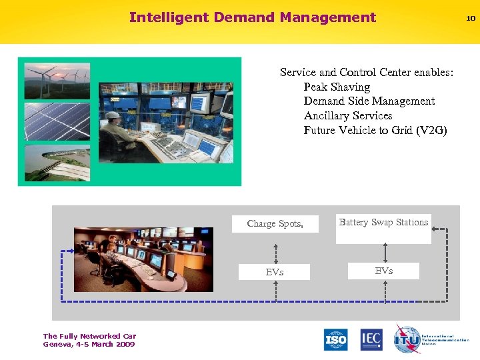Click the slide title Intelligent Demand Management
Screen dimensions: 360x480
253,18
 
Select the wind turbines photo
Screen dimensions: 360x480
57,81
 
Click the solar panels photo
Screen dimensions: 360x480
57,121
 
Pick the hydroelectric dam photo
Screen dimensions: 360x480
57,163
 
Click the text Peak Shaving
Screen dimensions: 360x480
337,87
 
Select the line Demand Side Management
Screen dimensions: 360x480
369,101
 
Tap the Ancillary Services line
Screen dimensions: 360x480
347,116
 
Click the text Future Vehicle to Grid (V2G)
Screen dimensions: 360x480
375,131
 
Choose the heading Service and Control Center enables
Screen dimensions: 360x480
366,72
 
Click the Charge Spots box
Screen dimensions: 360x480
275,224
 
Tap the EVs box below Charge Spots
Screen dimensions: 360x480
275,272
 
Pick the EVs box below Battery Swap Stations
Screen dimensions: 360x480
383,271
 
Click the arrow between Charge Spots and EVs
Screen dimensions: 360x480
275,248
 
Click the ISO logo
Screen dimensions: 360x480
336,339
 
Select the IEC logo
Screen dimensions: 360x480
371,339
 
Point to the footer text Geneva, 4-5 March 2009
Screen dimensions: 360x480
89,345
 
